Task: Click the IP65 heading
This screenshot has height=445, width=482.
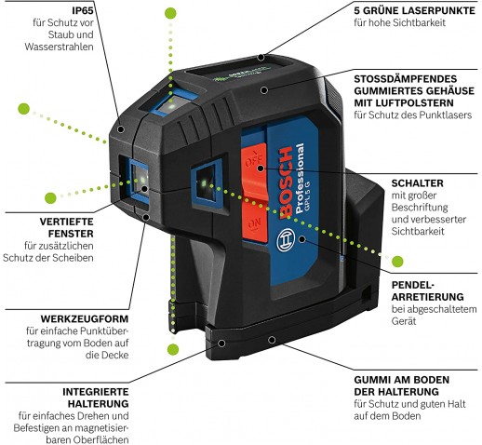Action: tap(83, 10)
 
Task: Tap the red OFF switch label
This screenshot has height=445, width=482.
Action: tap(253, 161)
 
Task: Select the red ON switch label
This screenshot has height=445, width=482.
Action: tap(254, 223)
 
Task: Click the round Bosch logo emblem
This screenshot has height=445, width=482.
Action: tap(285, 240)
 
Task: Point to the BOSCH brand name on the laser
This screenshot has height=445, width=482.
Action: tap(286, 183)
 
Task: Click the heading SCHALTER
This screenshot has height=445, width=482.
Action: tap(417, 183)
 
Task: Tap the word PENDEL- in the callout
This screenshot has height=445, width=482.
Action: tap(413, 285)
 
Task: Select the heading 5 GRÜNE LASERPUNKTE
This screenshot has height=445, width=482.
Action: tap(414, 10)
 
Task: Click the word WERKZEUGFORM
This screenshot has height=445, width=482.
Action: tap(85, 318)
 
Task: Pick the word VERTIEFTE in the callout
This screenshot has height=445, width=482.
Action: tap(66, 222)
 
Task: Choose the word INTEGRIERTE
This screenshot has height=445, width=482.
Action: tap(96, 392)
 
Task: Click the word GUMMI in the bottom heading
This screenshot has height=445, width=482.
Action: tap(370, 380)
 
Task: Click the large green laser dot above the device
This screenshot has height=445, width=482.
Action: tap(170, 13)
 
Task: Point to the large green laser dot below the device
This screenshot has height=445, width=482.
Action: tap(173, 349)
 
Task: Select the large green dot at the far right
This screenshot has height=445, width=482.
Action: tap(397, 262)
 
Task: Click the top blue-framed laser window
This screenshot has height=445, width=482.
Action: tap(174, 102)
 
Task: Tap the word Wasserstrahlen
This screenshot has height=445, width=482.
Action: tap(59, 47)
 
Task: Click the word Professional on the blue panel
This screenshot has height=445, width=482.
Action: tap(300, 178)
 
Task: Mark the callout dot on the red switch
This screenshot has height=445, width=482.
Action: tap(261, 169)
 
